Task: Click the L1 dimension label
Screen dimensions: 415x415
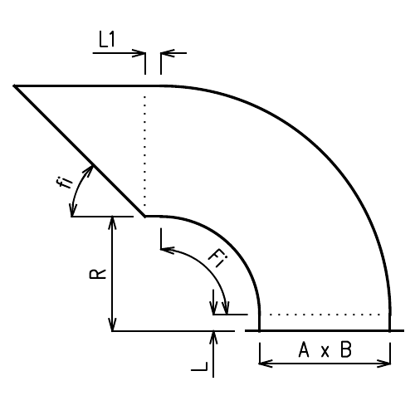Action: click(x=108, y=39)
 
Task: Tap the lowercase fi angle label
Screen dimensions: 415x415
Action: click(x=68, y=180)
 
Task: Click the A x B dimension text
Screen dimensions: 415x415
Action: click(x=325, y=351)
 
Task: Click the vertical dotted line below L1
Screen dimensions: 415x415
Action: click(x=145, y=149)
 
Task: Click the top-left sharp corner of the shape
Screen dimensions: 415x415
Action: click(x=16, y=85)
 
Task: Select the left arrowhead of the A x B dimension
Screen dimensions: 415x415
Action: click(x=265, y=363)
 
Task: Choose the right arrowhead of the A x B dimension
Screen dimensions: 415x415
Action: click(x=386, y=363)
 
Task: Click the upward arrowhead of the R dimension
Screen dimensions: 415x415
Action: click(x=112, y=221)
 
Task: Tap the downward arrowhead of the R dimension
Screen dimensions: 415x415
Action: click(x=112, y=325)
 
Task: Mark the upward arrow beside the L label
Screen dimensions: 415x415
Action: click(x=214, y=336)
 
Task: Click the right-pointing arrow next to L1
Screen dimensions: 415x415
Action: click(x=139, y=53)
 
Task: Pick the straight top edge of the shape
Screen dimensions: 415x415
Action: click(x=83, y=85)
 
